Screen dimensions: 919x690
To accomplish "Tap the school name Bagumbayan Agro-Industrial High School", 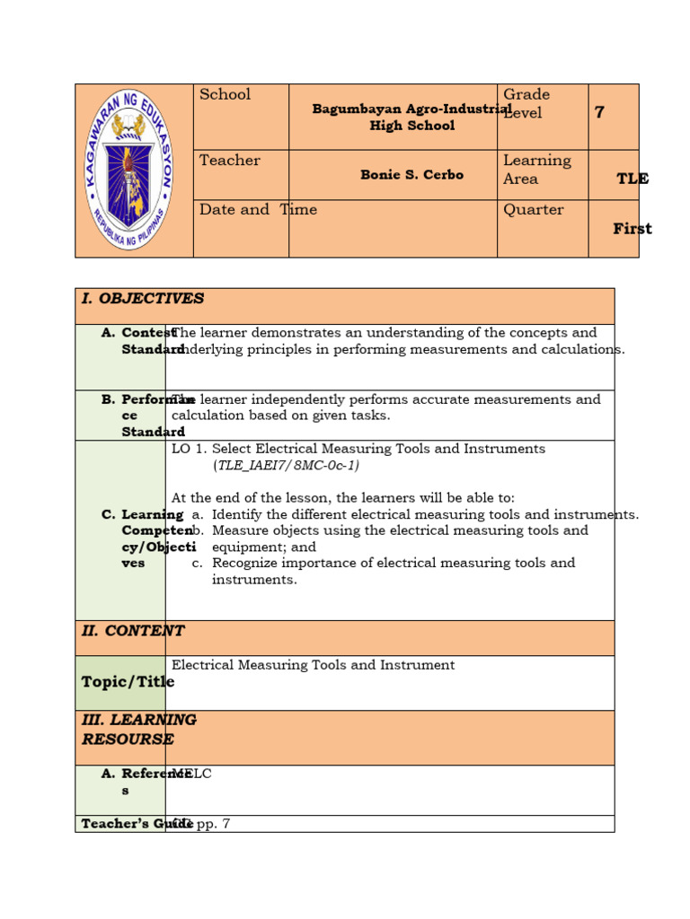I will click(x=411, y=118).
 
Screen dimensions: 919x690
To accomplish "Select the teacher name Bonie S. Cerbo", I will click(x=411, y=175).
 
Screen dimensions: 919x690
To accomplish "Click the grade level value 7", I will click(x=599, y=112).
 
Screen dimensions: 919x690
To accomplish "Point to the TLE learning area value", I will click(x=632, y=179).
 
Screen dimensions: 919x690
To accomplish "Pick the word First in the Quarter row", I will click(x=632, y=229).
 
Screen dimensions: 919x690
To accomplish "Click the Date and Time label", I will click(x=258, y=210).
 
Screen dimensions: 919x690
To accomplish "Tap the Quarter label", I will click(x=534, y=210).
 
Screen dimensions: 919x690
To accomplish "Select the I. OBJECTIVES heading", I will click(x=143, y=299).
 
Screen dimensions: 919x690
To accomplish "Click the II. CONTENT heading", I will click(x=133, y=631).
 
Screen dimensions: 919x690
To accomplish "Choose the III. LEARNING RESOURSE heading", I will click(x=139, y=730).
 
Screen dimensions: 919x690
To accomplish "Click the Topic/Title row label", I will click(x=128, y=682).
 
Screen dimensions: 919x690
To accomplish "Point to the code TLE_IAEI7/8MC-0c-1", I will click(x=286, y=466).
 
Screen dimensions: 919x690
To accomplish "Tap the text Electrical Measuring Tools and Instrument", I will click(x=313, y=665).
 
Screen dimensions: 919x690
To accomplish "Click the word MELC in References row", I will click(x=192, y=774).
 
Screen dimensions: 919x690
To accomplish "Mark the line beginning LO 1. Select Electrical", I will click(x=358, y=449).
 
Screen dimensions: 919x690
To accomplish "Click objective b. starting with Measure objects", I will click(x=400, y=538).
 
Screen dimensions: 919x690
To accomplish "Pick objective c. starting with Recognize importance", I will click(x=393, y=571).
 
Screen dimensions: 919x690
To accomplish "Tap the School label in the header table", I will click(x=225, y=95).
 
